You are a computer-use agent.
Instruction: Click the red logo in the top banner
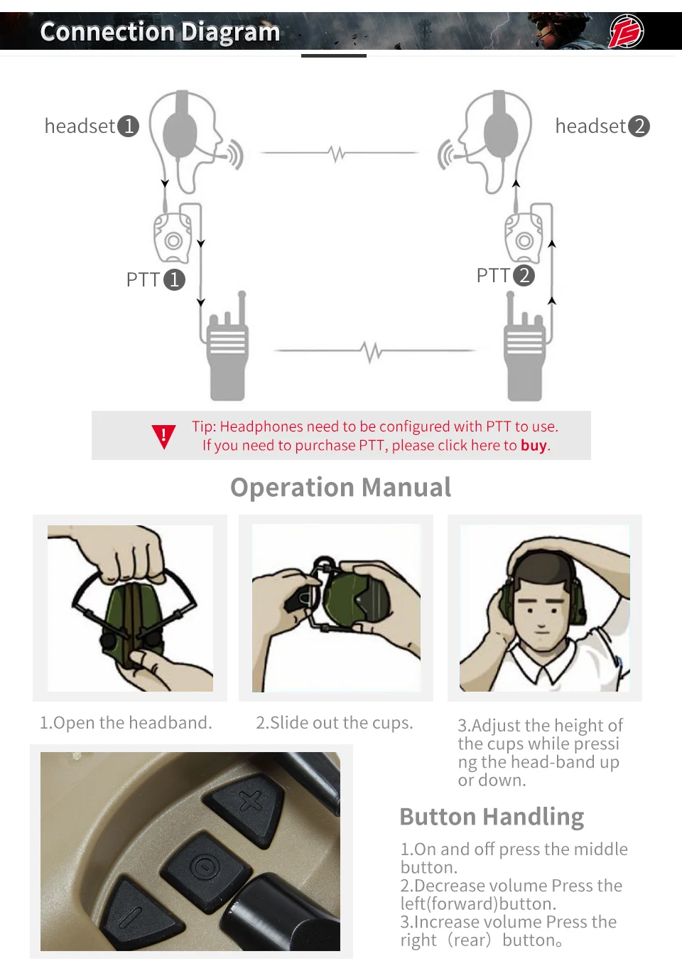(x=627, y=31)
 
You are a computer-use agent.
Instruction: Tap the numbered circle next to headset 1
(x=129, y=126)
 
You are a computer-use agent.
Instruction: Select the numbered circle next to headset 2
(x=639, y=126)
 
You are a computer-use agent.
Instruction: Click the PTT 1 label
(x=156, y=279)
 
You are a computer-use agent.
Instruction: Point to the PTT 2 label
(x=506, y=275)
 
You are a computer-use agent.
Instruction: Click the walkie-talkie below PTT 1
(x=228, y=346)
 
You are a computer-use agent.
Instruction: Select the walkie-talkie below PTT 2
(x=524, y=346)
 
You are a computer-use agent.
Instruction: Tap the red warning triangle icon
(x=163, y=436)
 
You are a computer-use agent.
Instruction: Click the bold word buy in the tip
(x=534, y=445)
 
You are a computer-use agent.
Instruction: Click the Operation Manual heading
(x=340, y=487)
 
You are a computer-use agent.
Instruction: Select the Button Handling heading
(x=492, y=817)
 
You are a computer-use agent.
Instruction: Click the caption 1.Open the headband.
(x=126, y=723)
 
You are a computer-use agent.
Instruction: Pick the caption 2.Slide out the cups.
(x=334, y=723)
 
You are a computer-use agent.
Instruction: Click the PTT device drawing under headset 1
(x=173, y=238)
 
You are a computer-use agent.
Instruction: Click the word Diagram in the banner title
(x=230, y=32)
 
